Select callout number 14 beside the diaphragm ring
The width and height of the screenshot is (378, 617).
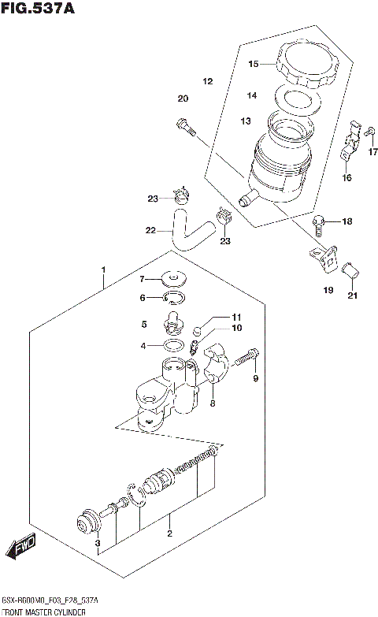tap(252, 96)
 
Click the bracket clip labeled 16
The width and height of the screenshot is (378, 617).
tap(351, 145)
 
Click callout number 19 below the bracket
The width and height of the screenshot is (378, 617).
tap(328, 291)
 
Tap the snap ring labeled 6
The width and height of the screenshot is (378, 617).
tap(174, 298)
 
